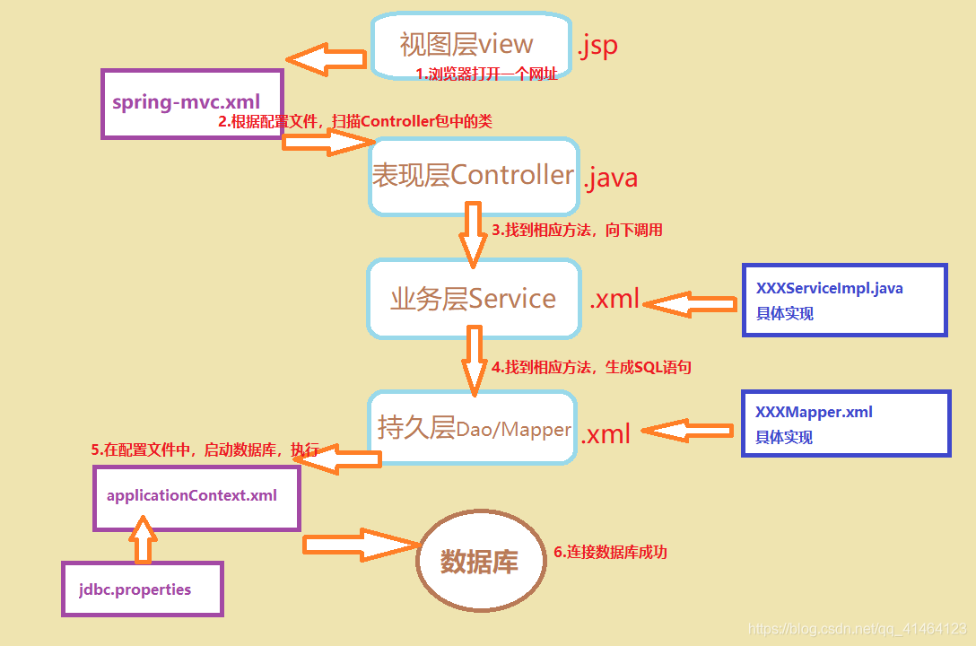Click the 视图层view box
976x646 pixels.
pos(471,44)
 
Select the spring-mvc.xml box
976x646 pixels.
pos(192,103)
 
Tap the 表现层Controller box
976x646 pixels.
pos(474,176)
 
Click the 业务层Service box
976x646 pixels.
pos(474,299)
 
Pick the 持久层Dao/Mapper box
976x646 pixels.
pos(473,428)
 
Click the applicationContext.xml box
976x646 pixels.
pos(196,497)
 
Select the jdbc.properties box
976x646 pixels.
pos(142,589)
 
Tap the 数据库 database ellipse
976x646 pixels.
pos(481,562)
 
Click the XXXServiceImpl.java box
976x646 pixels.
pos(844,301)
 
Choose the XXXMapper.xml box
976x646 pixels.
pos(844,423)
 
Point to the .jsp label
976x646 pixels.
pos(597,45)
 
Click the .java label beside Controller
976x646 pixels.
pos(611,178)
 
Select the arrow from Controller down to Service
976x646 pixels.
pos(474,235)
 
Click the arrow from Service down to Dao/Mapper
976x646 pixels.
pos(474,359)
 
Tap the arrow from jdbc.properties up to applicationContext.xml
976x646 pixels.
pos(143,545)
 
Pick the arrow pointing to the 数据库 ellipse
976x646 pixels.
pos(361,545)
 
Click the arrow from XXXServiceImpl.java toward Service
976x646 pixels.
pos(689,305)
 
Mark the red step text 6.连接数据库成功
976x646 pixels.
pos(610,553)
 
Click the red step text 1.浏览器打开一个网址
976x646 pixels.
pos(486,74)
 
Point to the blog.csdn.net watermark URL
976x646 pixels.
pos(857,629)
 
